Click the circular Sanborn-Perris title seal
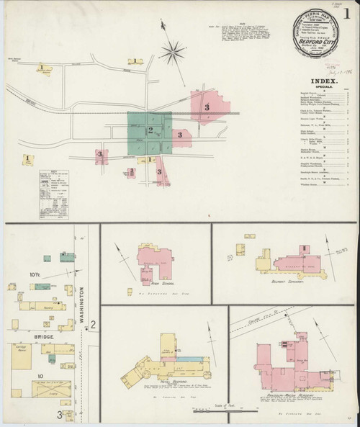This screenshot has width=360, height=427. tap(311, 37)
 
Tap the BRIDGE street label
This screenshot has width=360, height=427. tap(24, 336)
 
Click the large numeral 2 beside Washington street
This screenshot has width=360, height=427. tap(94, 327)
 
